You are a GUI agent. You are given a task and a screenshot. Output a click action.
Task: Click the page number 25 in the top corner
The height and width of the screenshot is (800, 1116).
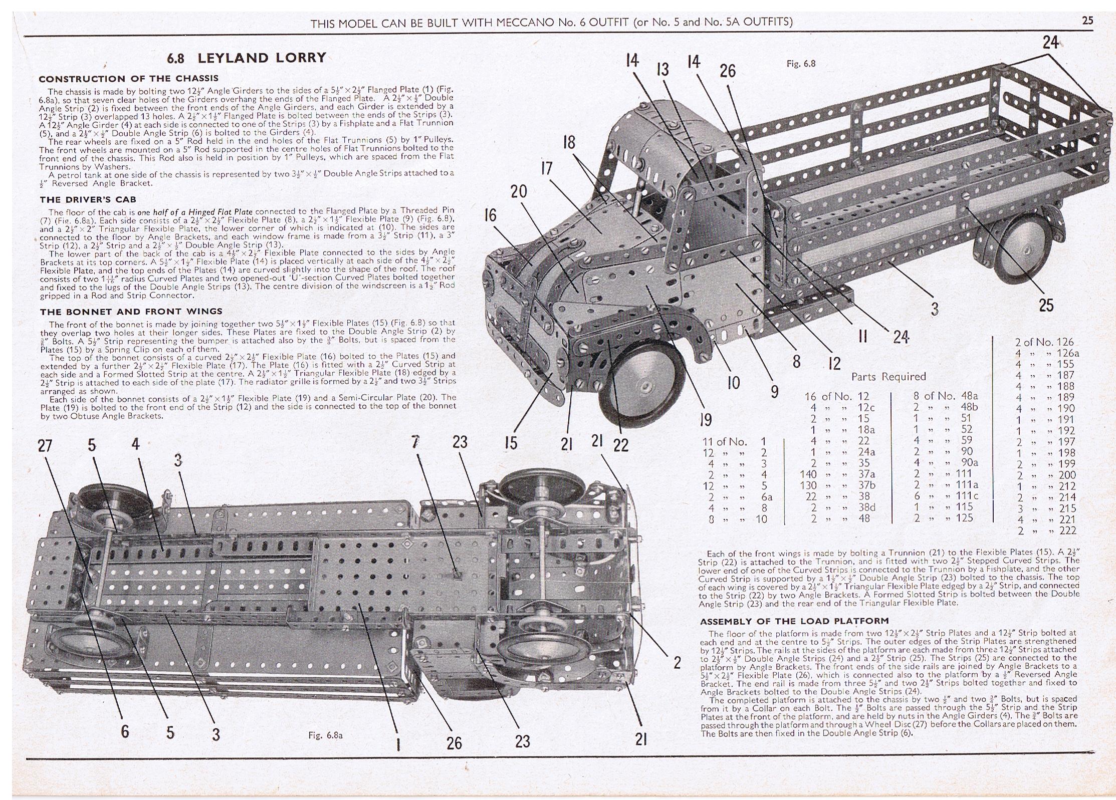click(x=1088, y=21)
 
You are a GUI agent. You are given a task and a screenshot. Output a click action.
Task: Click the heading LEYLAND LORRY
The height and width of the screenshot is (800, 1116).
click(x=262, y=58)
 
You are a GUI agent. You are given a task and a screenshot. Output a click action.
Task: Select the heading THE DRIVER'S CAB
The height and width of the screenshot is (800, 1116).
click(x=88, y=199)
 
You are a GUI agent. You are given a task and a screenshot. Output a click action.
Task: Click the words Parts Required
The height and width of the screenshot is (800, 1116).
click(x=888, y=376)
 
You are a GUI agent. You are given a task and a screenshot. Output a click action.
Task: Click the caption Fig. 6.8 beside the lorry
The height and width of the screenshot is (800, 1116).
click(x=801, y=64)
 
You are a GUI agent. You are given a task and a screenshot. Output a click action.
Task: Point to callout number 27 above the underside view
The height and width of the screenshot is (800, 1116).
click(x=45, y=445)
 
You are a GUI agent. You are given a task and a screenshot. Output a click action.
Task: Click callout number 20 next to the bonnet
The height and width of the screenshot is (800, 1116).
click(x=519, y=191)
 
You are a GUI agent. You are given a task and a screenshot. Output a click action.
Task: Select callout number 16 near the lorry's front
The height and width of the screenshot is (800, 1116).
click(x=490, y=215)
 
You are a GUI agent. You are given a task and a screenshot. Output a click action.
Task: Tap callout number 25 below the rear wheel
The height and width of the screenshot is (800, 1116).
click(x=1046, y=305)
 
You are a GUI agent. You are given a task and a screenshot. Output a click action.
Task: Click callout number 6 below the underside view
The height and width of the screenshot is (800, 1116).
click(x=124, y=731)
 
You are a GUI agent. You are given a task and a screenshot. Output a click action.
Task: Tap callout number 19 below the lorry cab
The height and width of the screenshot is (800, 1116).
click(x=706, y=419)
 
